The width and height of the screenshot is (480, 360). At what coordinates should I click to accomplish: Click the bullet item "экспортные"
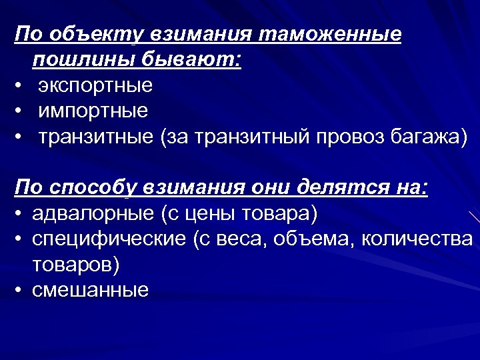(95, 86)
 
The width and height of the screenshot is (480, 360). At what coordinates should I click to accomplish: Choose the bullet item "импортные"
(93, 111)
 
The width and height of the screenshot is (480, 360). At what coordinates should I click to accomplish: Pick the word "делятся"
(341, 189)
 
